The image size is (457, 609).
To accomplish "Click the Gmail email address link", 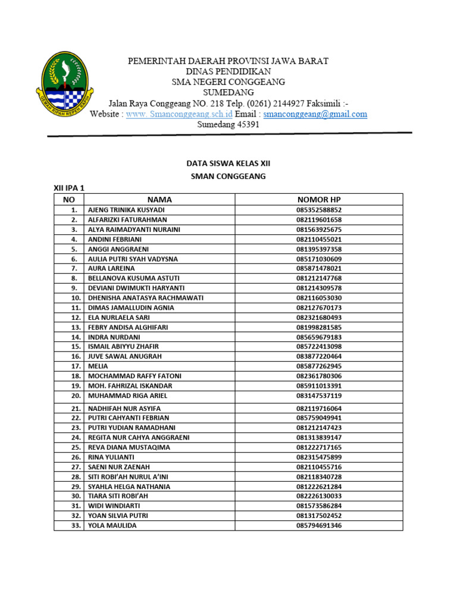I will point(315,114).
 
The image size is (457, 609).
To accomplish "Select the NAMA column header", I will point(159,200).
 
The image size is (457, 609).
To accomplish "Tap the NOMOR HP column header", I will point(319,200).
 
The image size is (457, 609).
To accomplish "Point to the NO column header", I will point(68,200).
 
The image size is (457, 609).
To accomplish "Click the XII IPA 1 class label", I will point(70,188).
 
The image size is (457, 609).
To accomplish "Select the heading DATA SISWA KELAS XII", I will point(228,162).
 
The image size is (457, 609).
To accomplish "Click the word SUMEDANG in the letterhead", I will point(228,92).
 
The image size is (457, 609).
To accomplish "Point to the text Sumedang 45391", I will point(228,125).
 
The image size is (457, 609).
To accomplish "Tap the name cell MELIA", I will point(98,366).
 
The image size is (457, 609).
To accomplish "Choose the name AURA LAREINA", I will point(111,268).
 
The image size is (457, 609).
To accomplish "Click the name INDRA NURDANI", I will point(114,337).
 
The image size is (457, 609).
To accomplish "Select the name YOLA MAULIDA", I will point(112,526).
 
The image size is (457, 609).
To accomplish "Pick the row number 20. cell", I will point(75,395).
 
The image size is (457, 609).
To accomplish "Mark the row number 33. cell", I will point(75,526).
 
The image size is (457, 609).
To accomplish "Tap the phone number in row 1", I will point(319,210).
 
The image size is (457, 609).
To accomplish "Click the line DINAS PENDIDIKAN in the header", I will point(228,71).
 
